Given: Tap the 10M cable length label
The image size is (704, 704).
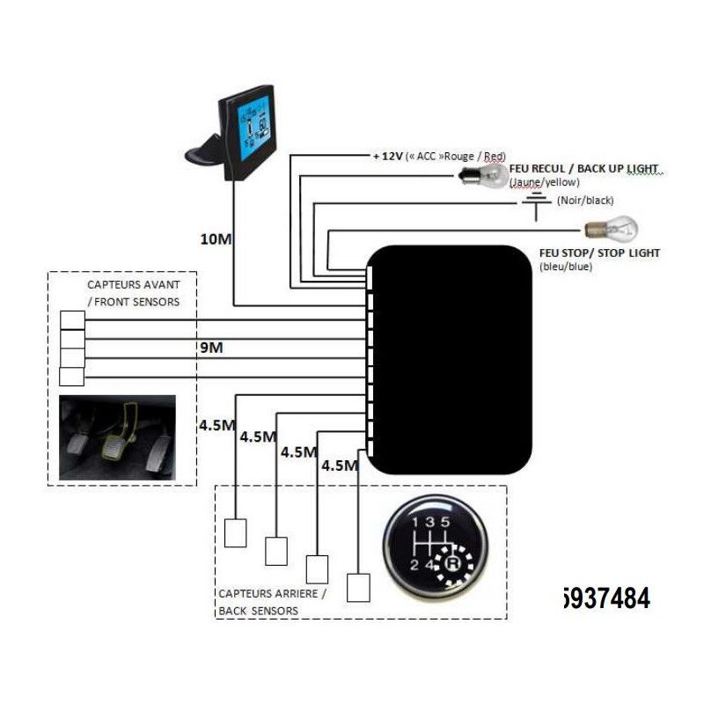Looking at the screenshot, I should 214,239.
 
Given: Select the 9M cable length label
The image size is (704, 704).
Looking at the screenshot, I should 211,348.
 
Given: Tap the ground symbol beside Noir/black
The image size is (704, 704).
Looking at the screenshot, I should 533,203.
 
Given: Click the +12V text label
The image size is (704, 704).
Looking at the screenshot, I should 388,156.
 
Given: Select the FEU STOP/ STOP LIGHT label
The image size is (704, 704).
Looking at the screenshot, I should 598,253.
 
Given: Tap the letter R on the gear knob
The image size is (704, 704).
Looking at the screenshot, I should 453,561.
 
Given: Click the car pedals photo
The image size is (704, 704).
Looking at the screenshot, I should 117,437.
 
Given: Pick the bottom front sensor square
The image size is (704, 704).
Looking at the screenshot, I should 71,377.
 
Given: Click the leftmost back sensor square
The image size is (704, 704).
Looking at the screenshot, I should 236,533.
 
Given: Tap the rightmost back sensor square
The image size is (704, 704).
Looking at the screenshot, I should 359,586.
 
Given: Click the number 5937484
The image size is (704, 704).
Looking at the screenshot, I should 605,599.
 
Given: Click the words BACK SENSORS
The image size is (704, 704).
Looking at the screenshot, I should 258,610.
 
